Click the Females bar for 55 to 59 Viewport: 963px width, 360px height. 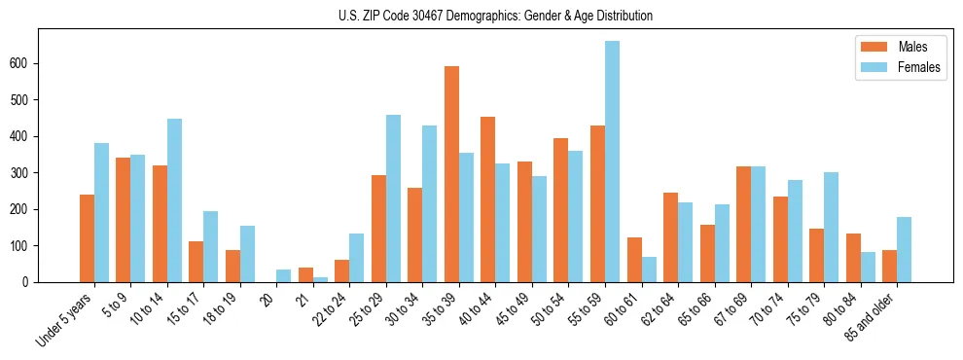pyautogui.click(x=612, y=162)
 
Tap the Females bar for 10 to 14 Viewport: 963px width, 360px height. pyautogui.click(x=174, y=200)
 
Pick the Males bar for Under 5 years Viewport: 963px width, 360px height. pyautogui.click(x=87, y=238)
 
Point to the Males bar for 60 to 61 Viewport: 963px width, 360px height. pyautogui.click(x=634, y=260)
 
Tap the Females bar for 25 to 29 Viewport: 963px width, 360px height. pyautogui.click(x=393, y=198)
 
